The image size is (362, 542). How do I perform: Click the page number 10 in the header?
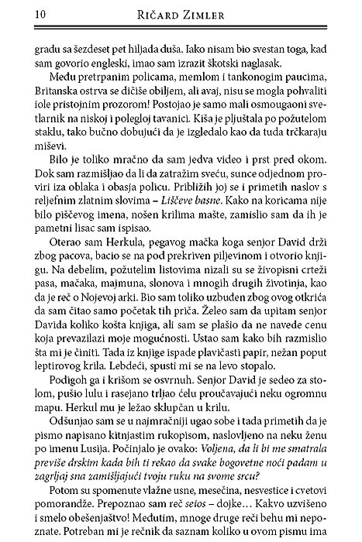pos(18,13)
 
